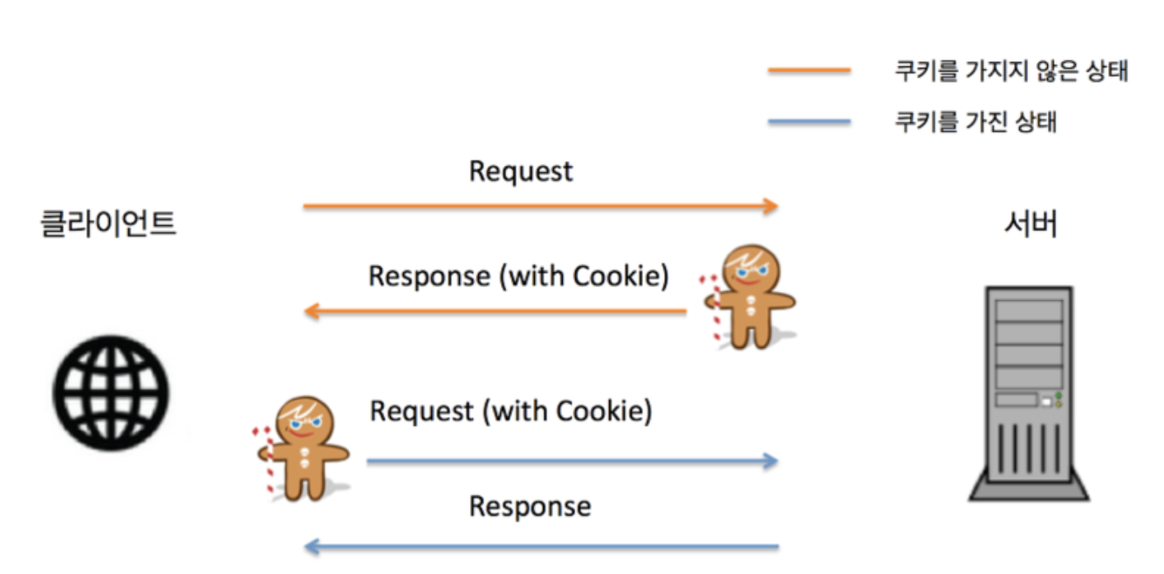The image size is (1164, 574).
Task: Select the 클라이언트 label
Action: (x=109, y=225)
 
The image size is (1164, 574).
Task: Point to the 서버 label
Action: (x=1030, y=225)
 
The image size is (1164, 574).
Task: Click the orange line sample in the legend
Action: (x=809, y=72)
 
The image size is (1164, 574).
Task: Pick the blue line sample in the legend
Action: (x=809, y=122)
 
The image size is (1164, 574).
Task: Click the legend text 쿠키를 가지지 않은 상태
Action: (x=1011, y=72)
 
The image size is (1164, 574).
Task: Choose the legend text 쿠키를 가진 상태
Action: (x=976, y=122)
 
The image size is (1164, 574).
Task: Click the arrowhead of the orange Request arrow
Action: (x=770, y=207)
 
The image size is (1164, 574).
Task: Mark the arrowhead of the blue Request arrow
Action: (x=770, y=461)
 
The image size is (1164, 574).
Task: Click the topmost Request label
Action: (x=521, y=171)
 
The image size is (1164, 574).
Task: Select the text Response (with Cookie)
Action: (x=518, y=277)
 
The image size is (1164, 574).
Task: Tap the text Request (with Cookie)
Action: (x=510, y=411)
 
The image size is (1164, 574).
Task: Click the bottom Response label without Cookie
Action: (x=530, y=506)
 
